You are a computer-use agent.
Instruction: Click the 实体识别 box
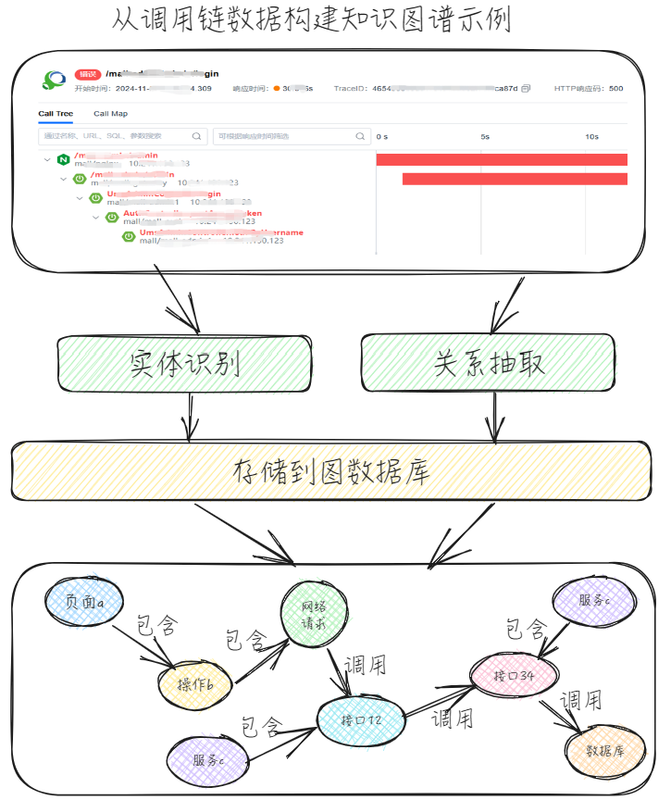(x=186, y=364)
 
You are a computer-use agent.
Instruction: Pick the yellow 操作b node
(x=195, y=684)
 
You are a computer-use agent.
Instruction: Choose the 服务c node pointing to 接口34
(x=593, y=600)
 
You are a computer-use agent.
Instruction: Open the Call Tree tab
(x=56, y=114)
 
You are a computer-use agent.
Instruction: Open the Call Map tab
(x=111, y=114)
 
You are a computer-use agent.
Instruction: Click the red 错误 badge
(x=88, y=74)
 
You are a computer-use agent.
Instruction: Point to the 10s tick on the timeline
(x=591, y=136)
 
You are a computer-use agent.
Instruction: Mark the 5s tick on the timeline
(x=484, y=136)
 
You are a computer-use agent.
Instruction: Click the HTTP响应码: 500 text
(x=588, y=89)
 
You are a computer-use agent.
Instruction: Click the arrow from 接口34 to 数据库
(x=564, y=716)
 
